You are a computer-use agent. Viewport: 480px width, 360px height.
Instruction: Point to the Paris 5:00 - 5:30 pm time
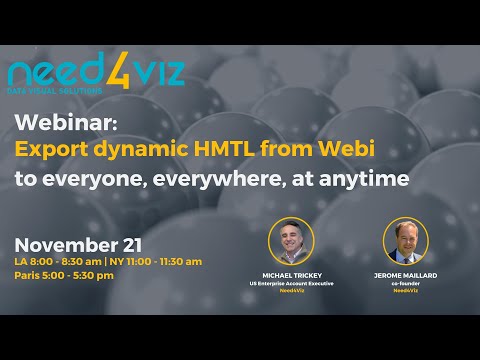[64, 275]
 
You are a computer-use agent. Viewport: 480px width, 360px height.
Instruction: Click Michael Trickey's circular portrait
[291, 241]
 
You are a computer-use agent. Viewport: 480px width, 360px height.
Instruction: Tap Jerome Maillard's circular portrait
[406, 241]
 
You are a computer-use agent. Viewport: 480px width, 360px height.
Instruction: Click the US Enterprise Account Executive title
[291, 283]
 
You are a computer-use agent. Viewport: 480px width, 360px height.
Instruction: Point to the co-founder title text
[406, 283]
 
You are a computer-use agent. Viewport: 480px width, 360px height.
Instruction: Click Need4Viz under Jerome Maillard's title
[406, 291]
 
